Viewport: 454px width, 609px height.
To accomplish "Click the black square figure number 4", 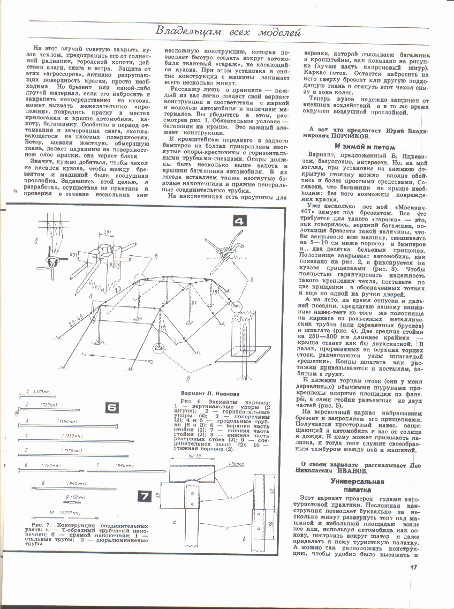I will (x=239, y=221).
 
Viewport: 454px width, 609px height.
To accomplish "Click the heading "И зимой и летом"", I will (x=364, y=146).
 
